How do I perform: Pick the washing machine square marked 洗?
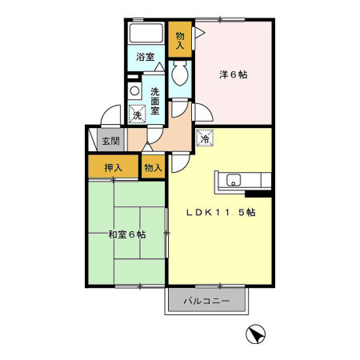pyautogui.click(x=138, y=115)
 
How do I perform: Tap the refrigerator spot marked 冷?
pyautogui.click(x=205, y=139)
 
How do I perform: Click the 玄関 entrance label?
pyautogui.click(x=110, y=142)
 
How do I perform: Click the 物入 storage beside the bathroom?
pyautogui.click(x=180, y=40)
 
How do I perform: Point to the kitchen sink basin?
pyautogui.click(x=234, y=179)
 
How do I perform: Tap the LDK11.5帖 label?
pyautogui.click(x=221, y=213)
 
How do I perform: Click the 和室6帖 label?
pyautogui.click(x=126, y=234)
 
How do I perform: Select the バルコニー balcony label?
pyautogui.click(x=206, y=302)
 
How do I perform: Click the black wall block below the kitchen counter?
pyautogui.click(x=259, y=193)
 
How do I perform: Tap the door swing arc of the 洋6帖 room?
pyautogui.click(x=204, y=113)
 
